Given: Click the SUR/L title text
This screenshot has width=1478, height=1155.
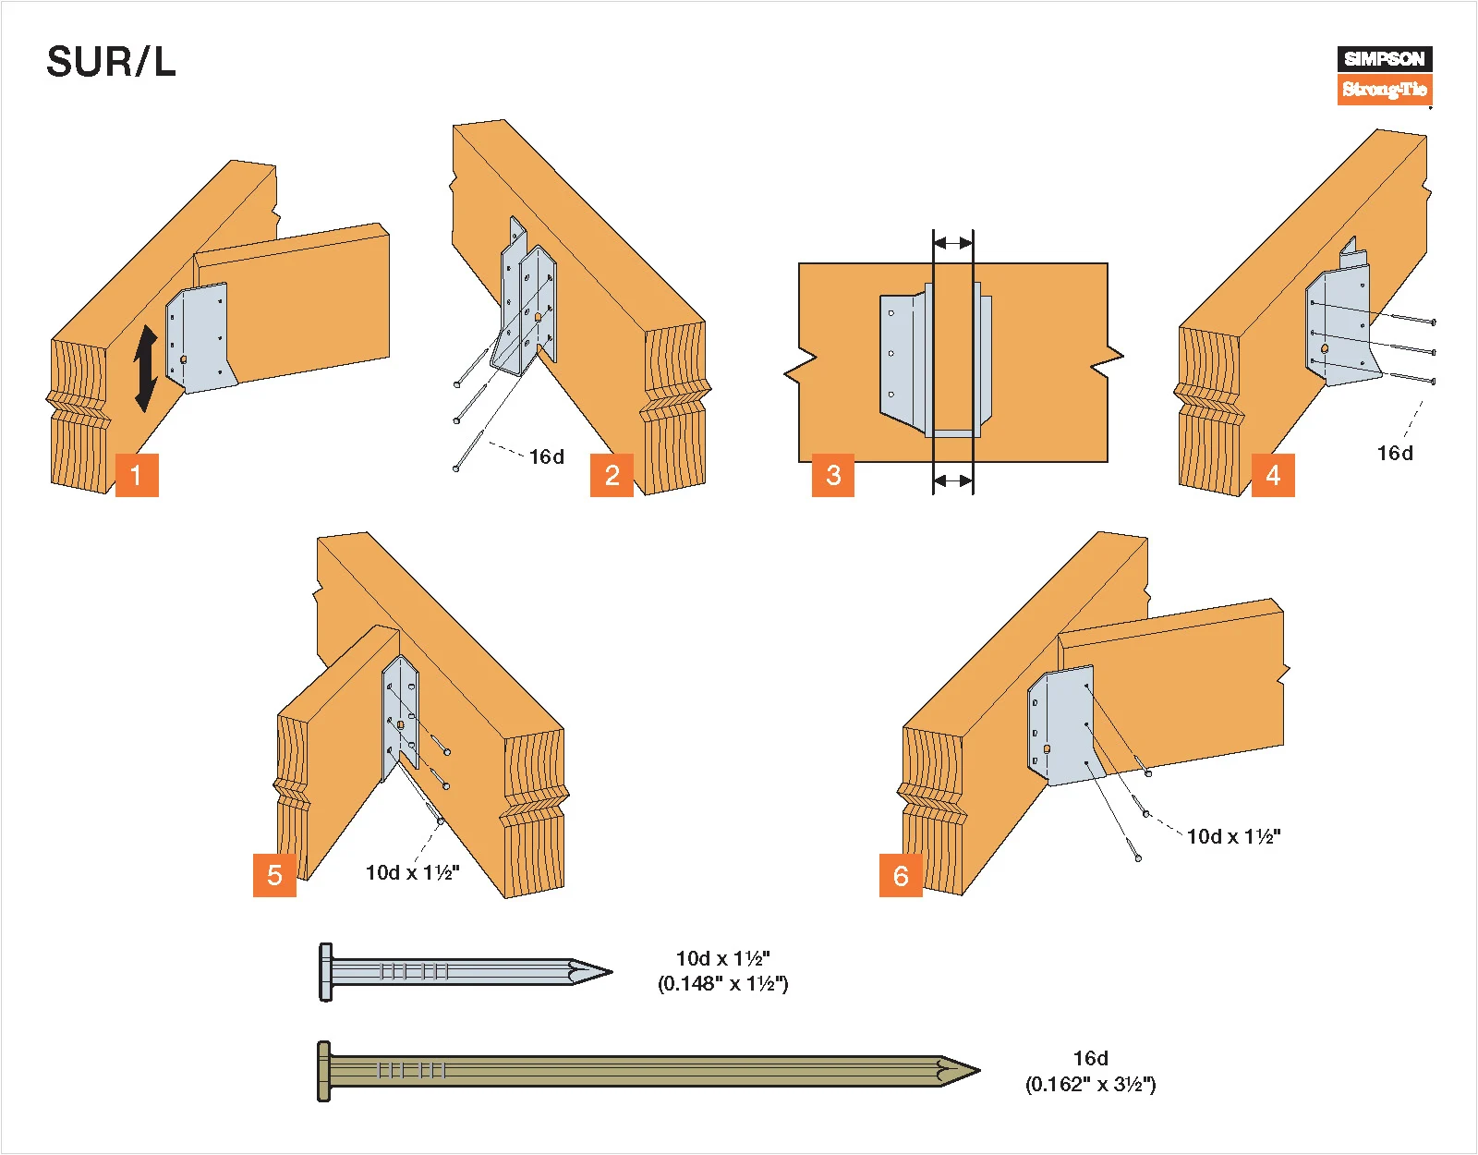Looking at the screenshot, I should coord(111,63).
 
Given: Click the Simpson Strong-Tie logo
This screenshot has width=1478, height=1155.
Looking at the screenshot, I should coord(1384,75).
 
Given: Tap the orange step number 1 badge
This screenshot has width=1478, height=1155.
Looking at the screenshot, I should coord(137,475).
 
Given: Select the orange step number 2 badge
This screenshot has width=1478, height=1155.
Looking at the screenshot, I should coord(612,475).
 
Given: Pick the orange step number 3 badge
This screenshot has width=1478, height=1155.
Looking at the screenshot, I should coord(833,475).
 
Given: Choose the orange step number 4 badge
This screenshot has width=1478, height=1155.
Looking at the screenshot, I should coord(1273,475).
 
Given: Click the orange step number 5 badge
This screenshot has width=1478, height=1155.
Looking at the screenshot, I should coord(274,875).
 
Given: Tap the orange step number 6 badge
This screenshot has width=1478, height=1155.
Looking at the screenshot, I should coord(901,875).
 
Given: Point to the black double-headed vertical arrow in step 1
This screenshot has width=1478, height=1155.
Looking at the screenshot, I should coord(146,368).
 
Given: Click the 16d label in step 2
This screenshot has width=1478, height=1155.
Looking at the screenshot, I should coord(546,456).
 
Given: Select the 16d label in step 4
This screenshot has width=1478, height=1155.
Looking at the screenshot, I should coord(1395,453).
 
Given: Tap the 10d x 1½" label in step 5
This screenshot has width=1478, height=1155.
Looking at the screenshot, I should coord(412,872).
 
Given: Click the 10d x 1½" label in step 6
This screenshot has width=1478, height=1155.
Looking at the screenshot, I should coord(1233,836).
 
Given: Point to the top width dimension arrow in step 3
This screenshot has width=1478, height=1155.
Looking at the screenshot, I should coord(952,243).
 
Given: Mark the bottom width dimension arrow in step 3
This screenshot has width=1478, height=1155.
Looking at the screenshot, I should coord(952,480).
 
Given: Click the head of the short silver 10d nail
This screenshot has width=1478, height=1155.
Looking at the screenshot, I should coord(326,972).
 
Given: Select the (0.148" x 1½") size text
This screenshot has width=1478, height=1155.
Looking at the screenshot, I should coord(722,984).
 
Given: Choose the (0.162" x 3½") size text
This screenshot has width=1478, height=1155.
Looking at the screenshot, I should coord(1090,1084).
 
